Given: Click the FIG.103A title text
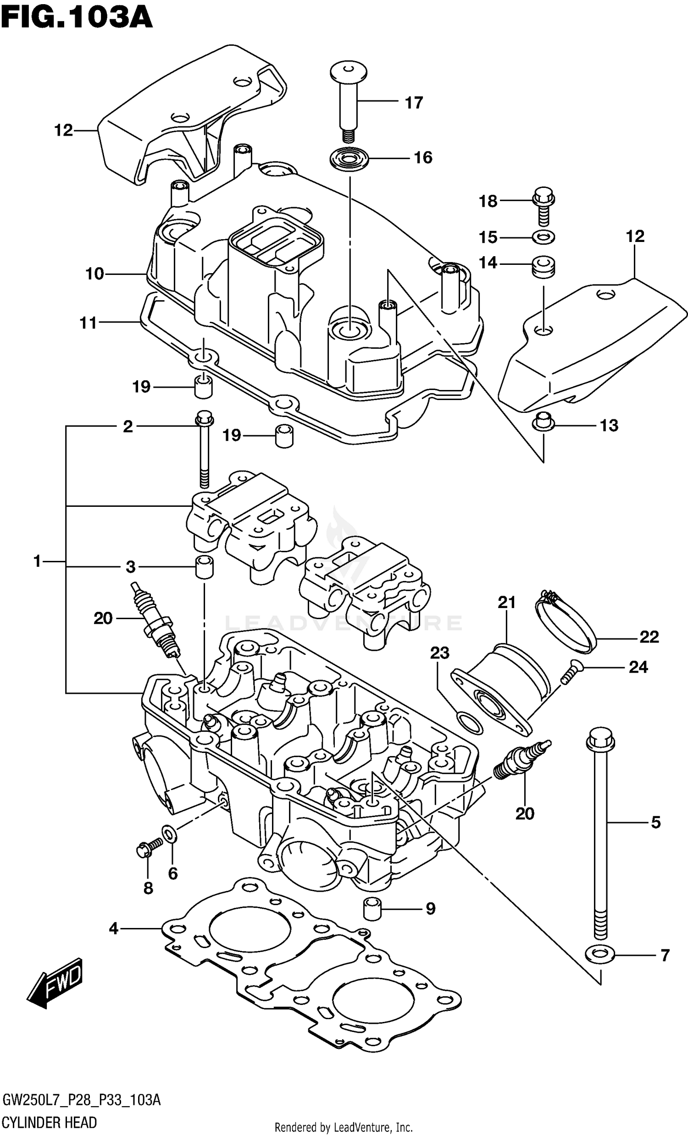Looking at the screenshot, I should pyautogui.click(x=76, y=18).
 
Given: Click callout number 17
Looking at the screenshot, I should pyautogui.click(x=414, y=103).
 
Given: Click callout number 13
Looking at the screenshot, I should pyautogui.click(x=609, y=426).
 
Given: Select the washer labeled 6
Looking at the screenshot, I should pyautogui.click(x=169, y=833).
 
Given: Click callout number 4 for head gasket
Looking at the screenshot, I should pyautogui.click(x=113, y=928).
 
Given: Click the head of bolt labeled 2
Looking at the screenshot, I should pyautogui.click(x=204, y=418).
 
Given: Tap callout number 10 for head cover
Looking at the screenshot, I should pyautogui.click(x=94, y=274).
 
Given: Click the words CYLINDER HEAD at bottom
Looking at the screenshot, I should pyautogui.click(x=50, y=1122).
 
